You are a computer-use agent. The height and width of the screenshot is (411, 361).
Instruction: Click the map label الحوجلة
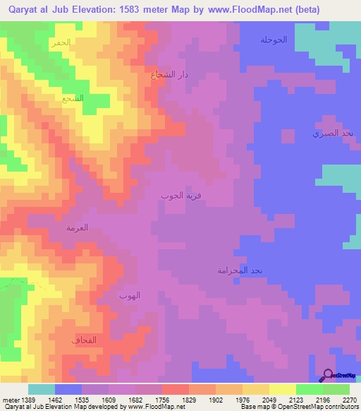274,40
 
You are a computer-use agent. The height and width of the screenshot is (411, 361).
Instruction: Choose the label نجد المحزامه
240,270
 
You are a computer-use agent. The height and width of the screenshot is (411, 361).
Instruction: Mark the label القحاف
84,340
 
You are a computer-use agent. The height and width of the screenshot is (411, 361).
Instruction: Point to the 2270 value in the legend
349,400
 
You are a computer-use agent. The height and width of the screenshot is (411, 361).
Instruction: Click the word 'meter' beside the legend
9,400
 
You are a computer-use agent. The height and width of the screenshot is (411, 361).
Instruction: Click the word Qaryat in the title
18,10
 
